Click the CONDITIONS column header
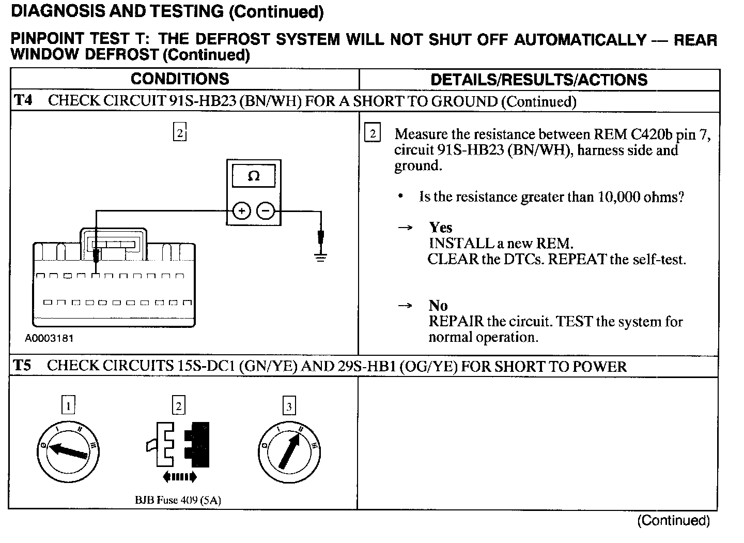(x=180, y=79)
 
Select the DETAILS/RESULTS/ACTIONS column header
(x=539, y=80)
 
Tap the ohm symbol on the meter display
(x=253, y=176)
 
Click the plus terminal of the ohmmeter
(x=242, y=211)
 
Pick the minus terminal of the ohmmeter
(x=266, y=211)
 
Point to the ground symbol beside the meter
(x=321, y=257)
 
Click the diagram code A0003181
(x=49, y=339)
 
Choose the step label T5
(x=22, y=366)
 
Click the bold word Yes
(x=440, y=228)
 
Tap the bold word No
(x=438, y=306)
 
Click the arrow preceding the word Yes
(x=406, y=228)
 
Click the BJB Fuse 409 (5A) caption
(x=178, y=500)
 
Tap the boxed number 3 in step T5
(x=289, y=406)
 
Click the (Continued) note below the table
(x=673, y=520)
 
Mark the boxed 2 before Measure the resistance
(x=373, y=134)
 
